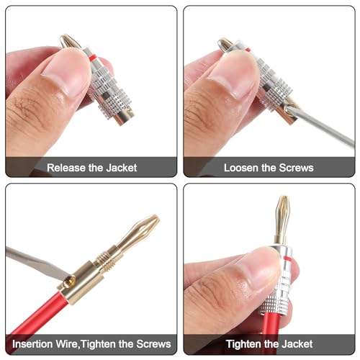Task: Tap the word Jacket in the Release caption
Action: click(122, 168)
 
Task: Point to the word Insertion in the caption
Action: click(32, 344)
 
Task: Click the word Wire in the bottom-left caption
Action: click(67, 344)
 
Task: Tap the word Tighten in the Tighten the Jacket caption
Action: click(243, 344)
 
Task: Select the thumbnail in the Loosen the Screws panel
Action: click(232, 74)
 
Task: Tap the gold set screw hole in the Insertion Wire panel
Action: click(69, 282)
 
